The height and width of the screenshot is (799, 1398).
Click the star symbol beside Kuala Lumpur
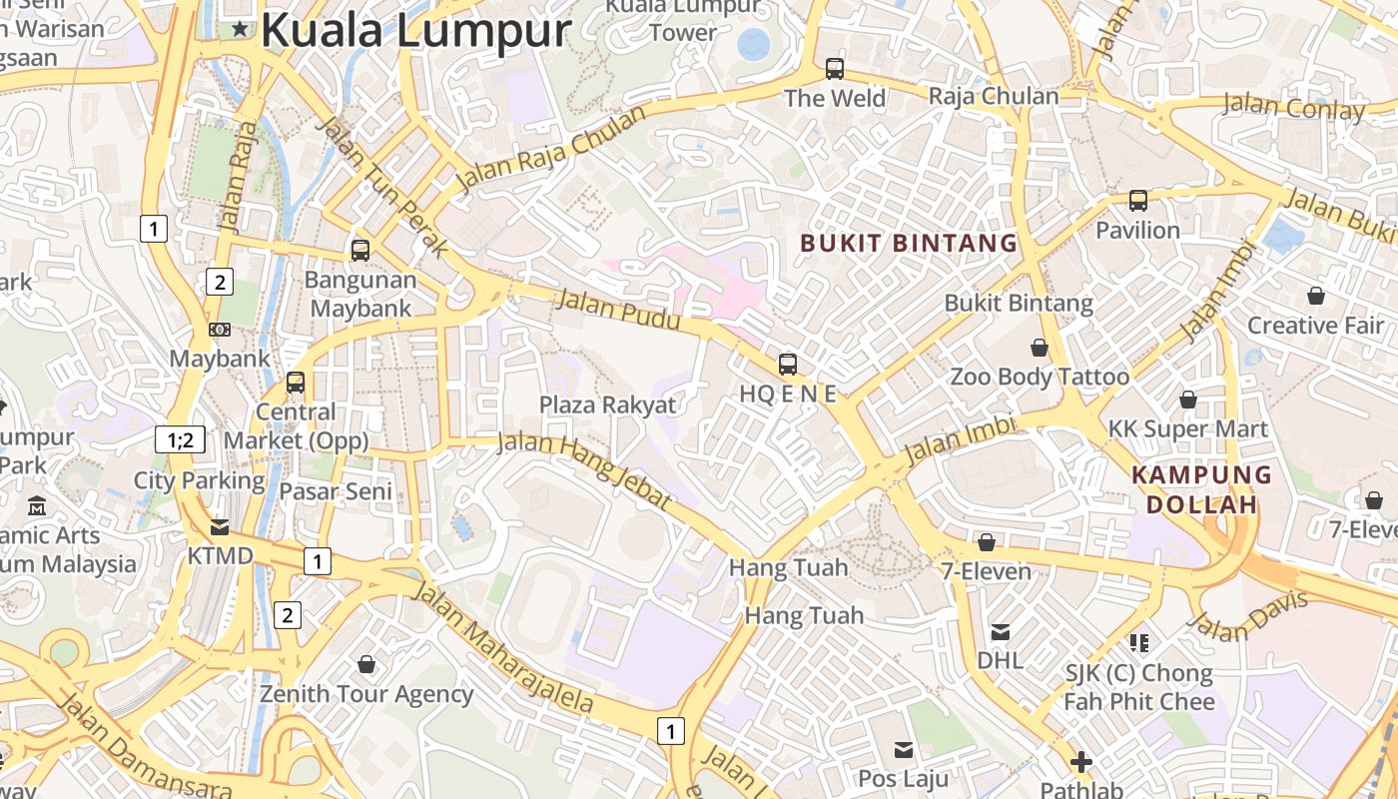click(x=240, y=30)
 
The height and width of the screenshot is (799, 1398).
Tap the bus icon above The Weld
click(x=835, y=69)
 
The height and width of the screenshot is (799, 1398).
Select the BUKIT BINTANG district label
click(x=908, y=243)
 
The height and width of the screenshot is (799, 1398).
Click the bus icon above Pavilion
click(x=1137, y=201)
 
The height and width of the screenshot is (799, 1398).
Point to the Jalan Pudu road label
click(x=619, y=309)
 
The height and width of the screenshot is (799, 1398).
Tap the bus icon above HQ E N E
click(x=788, y=365)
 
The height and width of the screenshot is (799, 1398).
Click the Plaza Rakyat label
click(x=607, y=404)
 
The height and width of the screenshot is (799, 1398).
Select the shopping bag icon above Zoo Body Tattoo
click(x=1040, y=348)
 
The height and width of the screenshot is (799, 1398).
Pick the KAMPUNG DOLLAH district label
click(x=1201, y=489)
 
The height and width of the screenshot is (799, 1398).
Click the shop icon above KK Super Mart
click(x=1187, y=399)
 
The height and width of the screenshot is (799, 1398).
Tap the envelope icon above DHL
click(x=1000, y=631)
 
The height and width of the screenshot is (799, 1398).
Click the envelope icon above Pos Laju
click(x=904, y=749)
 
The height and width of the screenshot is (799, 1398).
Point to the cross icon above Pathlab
click(x=1080, y=763)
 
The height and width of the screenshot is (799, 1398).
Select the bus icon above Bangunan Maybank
click(x=360, y=251)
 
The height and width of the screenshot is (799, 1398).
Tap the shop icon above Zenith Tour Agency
click(x=366, y=664)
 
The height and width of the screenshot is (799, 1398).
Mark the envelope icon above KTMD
click(x=220, y=526)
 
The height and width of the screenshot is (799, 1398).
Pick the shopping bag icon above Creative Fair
click(x=1316, y=296)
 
